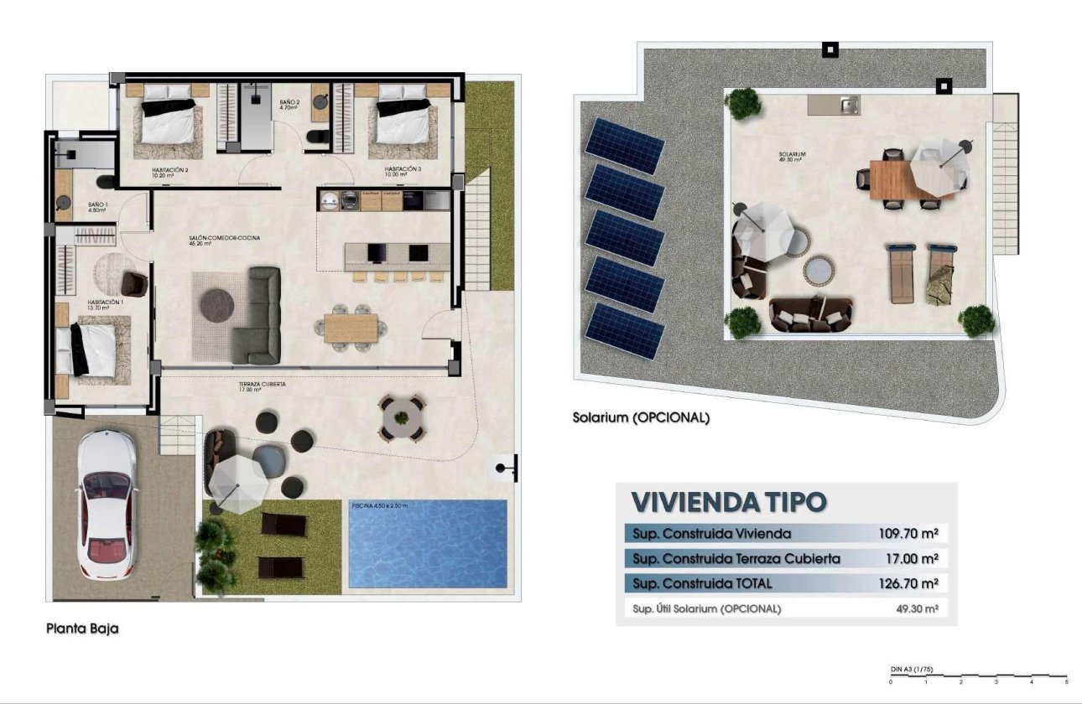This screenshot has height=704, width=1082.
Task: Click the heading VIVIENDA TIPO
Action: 728,501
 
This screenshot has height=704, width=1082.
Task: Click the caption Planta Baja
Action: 82,628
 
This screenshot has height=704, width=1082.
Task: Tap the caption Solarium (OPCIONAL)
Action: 641,417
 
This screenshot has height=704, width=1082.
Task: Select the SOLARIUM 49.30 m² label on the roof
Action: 792,158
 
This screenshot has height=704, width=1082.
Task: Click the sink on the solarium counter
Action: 847,106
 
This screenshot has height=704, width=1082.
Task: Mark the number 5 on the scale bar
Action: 1066,683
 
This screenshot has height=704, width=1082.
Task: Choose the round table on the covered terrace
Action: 403,417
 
